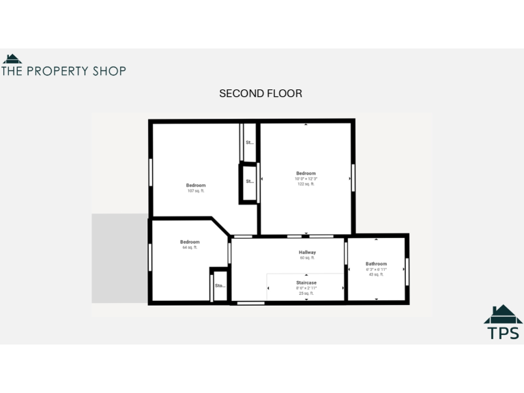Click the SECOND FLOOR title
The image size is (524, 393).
pyautogui.click(x=260, y=93)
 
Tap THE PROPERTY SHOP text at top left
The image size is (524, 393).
pyautogui.click(x=63, y=70)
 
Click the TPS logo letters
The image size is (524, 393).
pyautogui.click(x=503, y=333)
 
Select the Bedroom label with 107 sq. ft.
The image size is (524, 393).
pyautogui.click(x=196, y=186)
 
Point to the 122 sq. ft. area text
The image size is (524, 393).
pyautogui.click(x=306, y=184)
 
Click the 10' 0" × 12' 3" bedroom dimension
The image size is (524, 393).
pyautogui.click(x=306, y=179)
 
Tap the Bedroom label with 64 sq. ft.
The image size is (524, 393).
pyautogui.click(x=190, y=242)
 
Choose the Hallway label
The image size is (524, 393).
pyautogui.click(x=307, y=252)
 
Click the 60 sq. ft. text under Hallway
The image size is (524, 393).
pyautogui.click(x=307, y=258)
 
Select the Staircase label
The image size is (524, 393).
pyautogui.click(x=306, y=282)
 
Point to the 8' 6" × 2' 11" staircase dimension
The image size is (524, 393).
pyautogui.click(x=306, y=288)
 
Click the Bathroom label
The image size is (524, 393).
pyautogui.click(x=376, y=264)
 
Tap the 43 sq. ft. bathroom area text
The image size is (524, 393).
pyautogui.click(x=376, y=275)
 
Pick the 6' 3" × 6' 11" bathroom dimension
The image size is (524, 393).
pyautogui.click(x=376, y=270)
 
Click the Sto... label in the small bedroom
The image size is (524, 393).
pyautogui.click(x=220, y=286)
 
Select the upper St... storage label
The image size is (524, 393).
pyautogui.click(x=250, y=143)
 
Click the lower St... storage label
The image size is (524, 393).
pyautogui.click(x=250, y=181)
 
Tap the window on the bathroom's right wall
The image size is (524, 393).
pyautogui.click(x=407, y=268)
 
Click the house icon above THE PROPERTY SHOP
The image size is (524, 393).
pyautogui.click(x=12, y=59)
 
